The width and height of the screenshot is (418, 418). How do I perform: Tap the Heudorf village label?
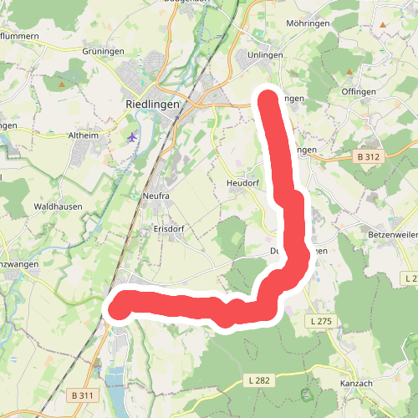243,182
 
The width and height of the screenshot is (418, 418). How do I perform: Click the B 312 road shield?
368,156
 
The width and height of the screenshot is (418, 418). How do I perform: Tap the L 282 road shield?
260,380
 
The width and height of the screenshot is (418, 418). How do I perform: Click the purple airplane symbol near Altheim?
133,136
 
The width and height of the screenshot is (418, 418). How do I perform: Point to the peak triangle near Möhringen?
383,26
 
